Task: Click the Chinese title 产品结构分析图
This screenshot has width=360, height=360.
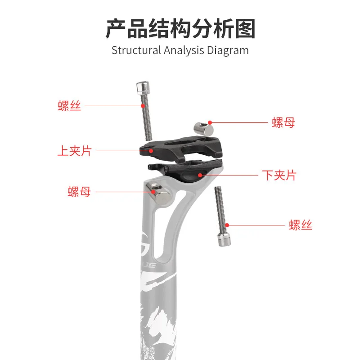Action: tap(180, 29)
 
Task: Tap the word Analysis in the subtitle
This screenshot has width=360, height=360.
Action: tap(184, 50)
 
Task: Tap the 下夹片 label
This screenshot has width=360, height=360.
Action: tap(279, 175)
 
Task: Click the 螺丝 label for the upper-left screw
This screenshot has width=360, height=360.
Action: tap(69, 106)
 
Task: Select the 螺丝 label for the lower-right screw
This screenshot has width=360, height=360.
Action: tap(301, 225)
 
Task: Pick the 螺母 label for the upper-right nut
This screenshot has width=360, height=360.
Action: tap(283, 122)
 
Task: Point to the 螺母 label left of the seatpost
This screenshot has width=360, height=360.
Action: tap(79, 192)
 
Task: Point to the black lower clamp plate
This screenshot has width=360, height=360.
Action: tap(189, 171)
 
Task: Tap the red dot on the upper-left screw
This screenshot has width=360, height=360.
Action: tap(143, 106)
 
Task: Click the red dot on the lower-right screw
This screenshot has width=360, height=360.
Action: tap(228, 225)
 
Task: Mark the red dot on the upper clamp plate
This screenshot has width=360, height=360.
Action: tap(152, 151)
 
